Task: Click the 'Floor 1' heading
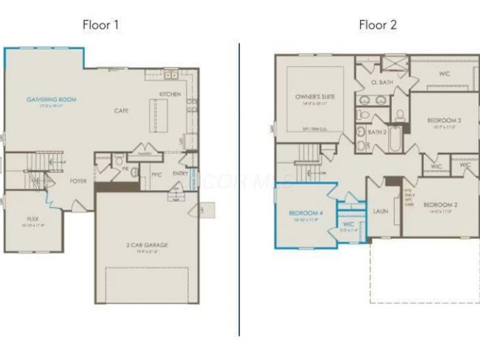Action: [x=101, y=25]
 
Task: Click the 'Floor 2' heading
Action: [x=378, y=25]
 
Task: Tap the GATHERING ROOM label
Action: [x=51, y=99]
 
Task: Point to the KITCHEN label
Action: [x=170, y=94]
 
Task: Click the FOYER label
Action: [x=78, y=181]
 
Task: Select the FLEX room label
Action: [x=33, y=219]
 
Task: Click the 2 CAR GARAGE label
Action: [x=147, y=245]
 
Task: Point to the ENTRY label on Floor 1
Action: [x=180, y=174]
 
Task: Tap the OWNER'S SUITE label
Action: [x=315, y=96]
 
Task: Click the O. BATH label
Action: [x=382, y=82]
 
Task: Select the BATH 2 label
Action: [x=377, y=132]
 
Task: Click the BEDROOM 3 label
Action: [x=444, y=120]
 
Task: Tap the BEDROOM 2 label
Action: [x=440, y=205]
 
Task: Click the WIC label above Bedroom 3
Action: [x=445, y=74]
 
